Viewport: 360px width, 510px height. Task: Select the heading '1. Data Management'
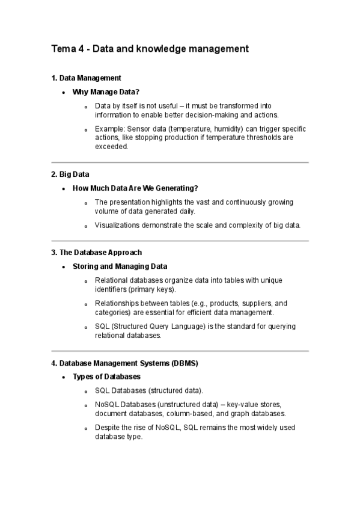tap(86, 78)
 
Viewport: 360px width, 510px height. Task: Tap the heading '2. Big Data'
tap(70, 174)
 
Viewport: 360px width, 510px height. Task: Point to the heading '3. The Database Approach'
tap(96, 253)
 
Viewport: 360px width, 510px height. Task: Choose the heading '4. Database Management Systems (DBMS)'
tap(124, 363)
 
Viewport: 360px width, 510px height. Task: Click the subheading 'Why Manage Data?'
tap(105, 92)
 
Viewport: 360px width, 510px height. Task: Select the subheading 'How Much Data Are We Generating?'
tap(135, 188)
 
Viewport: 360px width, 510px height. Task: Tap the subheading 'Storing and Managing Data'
tap(120, 266)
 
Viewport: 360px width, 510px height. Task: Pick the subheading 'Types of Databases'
tap(106, 377)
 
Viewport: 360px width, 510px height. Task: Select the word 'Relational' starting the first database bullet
tap(112, 281)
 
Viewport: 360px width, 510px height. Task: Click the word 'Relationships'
tap(118, 304)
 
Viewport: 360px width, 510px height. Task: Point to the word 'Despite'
tap(107, 428)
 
